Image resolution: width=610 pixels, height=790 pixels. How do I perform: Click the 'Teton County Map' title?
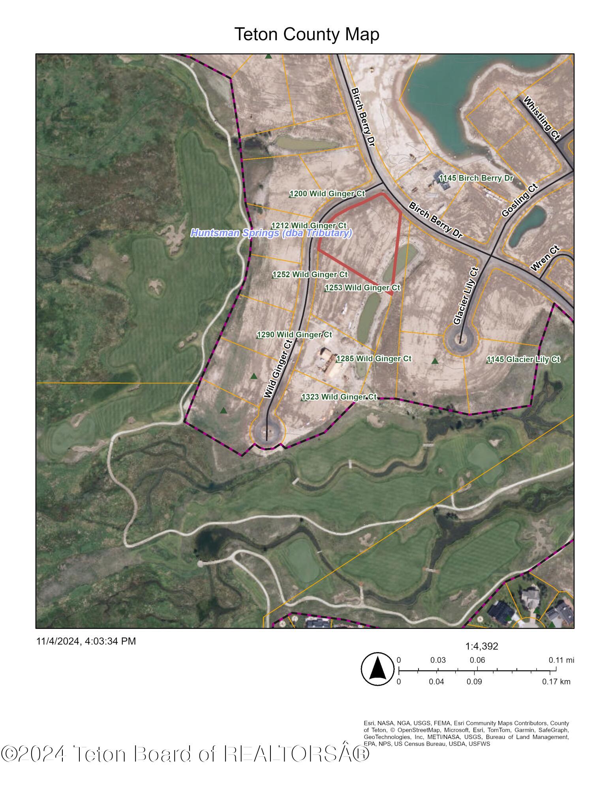coord(307,34)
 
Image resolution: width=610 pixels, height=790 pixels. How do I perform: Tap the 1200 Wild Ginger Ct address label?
coord(327,194)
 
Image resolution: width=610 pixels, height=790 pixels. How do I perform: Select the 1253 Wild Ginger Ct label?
coord(363,288)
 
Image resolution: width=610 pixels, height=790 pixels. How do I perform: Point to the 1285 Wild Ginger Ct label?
coord(374,359)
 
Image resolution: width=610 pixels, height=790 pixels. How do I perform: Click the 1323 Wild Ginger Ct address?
coord(339,397)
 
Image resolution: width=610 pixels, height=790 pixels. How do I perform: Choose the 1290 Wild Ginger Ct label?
coord(295,335)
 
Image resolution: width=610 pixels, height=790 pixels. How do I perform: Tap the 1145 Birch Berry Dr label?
coord(476,178)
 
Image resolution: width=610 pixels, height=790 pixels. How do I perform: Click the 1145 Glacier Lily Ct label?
coord(523,359)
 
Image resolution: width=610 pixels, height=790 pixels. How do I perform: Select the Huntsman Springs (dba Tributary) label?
coord(271,233)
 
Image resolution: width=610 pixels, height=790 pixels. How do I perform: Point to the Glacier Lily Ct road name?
coord(466,296)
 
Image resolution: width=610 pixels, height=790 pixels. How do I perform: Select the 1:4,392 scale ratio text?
coord(482,646)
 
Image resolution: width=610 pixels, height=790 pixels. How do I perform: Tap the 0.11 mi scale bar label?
coord(561,660)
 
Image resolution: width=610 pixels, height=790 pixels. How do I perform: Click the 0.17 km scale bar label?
coord(556,681)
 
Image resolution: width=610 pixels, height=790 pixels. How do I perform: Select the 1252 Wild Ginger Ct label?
coord(310,275)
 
